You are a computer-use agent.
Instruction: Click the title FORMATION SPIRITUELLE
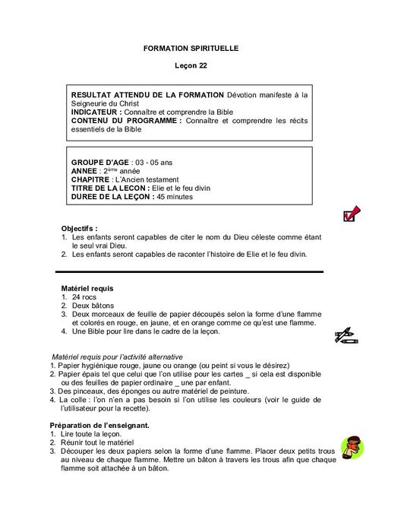[x=191, y=48]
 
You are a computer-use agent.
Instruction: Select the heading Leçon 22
[x=191, y=65]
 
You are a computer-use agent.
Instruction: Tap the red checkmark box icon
[x=351, y=214]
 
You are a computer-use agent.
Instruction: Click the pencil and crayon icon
[x=347, y=334]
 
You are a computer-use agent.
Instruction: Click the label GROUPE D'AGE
[x=100, y=163]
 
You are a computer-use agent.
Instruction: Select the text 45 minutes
[x=174, y=196]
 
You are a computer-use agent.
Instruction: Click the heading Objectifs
[x=79, y=227]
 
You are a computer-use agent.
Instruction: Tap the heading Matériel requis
[x=87, y=289]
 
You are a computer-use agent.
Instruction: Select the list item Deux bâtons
[x=92, y=306]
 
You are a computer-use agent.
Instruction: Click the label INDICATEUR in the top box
[x=96, y=112]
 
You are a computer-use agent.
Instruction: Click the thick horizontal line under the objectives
[x=190, y=271]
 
